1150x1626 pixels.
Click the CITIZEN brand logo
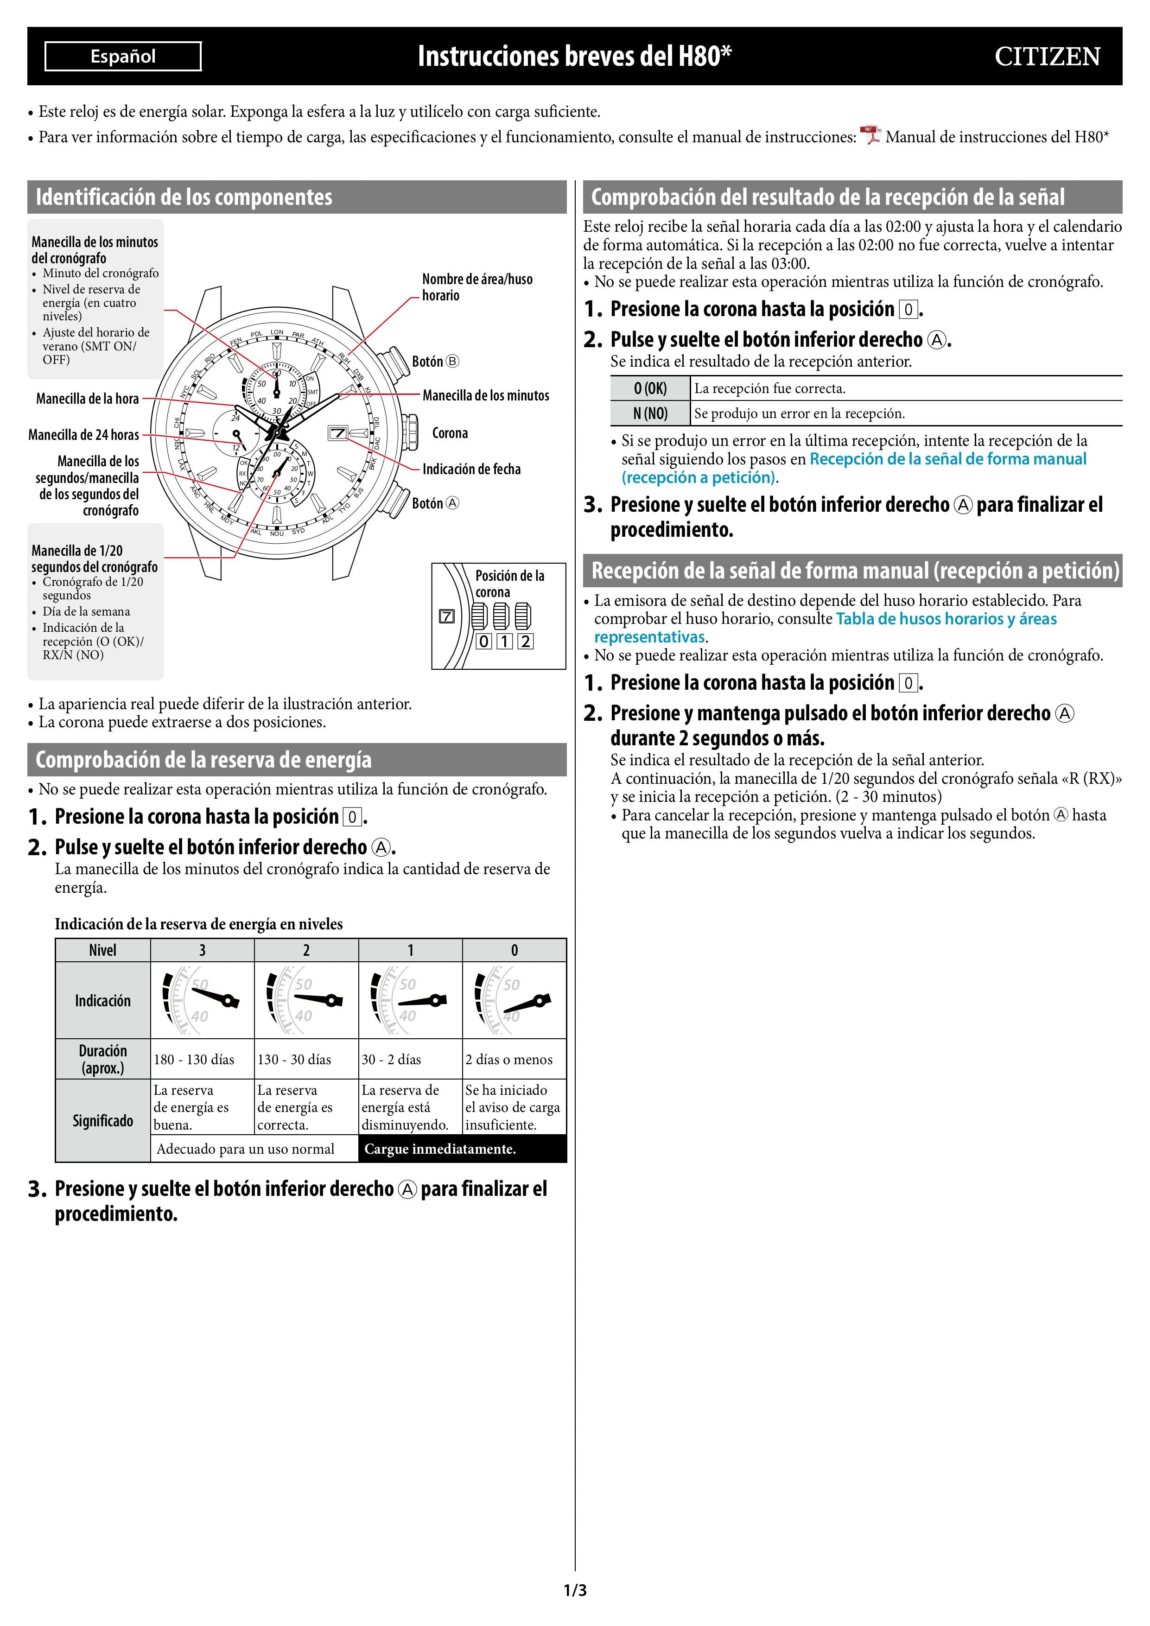(1047, 57)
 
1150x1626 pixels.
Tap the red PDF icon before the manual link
(870, 135)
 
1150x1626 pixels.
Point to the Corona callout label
(450, 433)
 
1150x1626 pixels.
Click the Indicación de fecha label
(471, 469)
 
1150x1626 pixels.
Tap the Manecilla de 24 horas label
(83, 434)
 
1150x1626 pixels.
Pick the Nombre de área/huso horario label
(477, 287)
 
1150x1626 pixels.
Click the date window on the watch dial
(338, 433)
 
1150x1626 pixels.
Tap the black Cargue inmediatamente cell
(463, 1149)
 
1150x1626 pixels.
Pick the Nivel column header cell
(103, 950)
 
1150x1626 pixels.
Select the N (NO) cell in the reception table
(650, 413)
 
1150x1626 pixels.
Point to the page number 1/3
(575, 1591)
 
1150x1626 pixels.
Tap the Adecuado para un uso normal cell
(246, 1149)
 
